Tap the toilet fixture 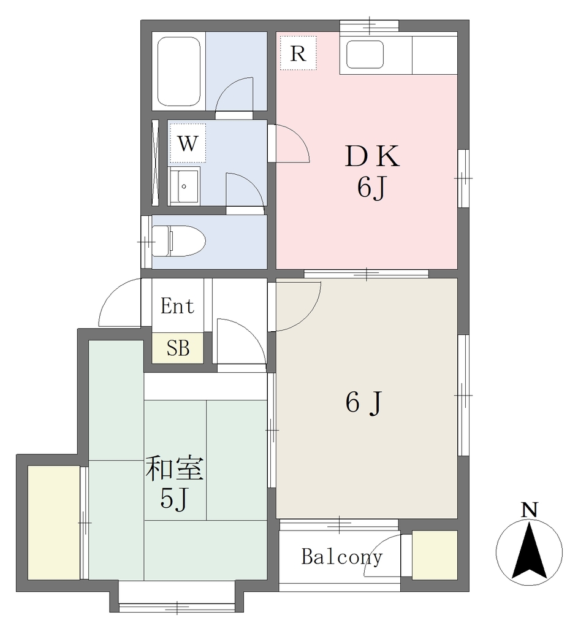point(179,240)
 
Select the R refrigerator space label point(298,53)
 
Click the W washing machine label point(188,143)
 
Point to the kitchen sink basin point(365,55)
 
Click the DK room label point(372,156)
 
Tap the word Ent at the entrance point(177,306)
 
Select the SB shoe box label point(178,348)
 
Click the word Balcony point(342,557)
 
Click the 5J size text point(173,499)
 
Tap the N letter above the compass point(529,510)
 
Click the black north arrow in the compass point(529,551)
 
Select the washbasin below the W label point(184,186)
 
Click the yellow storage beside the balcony point(435,554)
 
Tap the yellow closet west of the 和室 point(54,523)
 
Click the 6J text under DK point(372,188)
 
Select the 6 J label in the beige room point(364,402)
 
